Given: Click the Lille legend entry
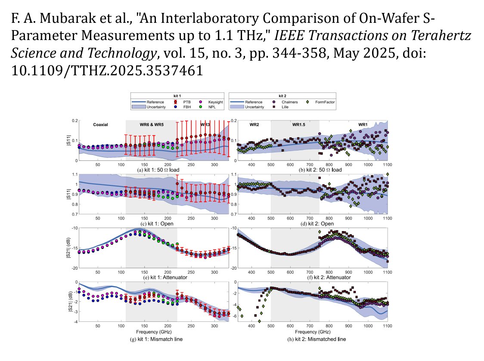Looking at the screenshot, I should point(285,107).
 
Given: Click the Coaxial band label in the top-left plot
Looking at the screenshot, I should point(100,125).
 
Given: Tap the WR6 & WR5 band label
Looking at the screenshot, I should point(151,125).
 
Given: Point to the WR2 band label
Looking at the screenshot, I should point(254,125).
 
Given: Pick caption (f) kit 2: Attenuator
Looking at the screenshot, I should point(310,278).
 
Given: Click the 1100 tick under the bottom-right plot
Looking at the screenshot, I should point(387,326).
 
